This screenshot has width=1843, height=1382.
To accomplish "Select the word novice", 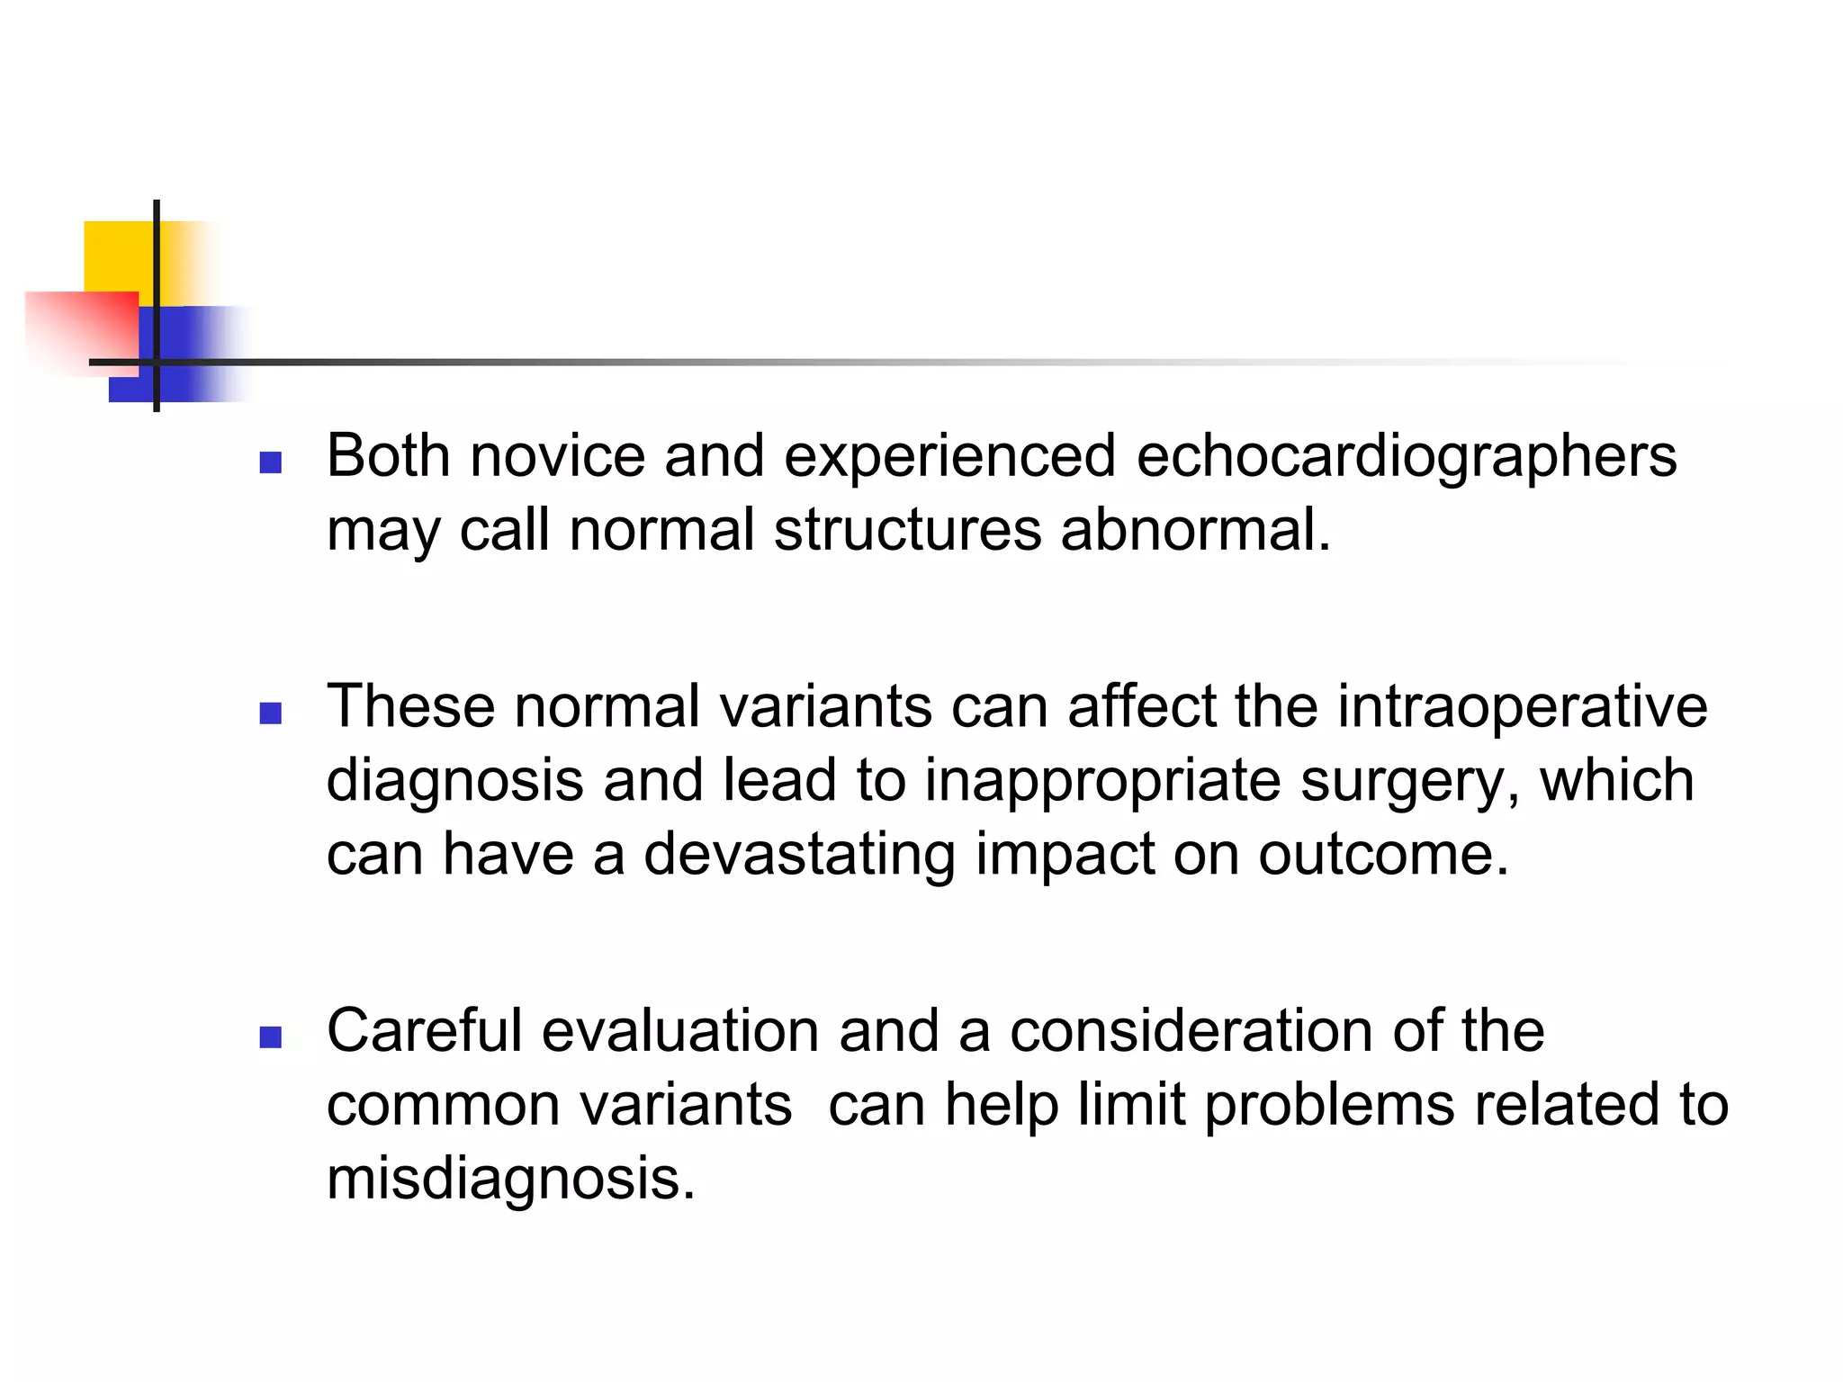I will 557,455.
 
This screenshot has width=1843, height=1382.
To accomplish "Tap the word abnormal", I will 1194,529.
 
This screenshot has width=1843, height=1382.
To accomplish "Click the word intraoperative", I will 1522,706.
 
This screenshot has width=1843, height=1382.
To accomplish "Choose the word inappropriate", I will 1102,781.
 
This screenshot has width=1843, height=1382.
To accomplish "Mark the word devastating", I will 799,854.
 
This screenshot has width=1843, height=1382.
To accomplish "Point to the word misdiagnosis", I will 510,1179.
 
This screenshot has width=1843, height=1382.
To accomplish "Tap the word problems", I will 1329,1105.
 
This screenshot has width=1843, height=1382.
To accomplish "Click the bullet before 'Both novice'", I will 270,462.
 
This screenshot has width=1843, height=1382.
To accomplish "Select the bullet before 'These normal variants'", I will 270,713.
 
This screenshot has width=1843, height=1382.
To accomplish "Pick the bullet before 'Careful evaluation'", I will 270,1037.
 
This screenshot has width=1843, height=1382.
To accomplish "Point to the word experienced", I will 949,457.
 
